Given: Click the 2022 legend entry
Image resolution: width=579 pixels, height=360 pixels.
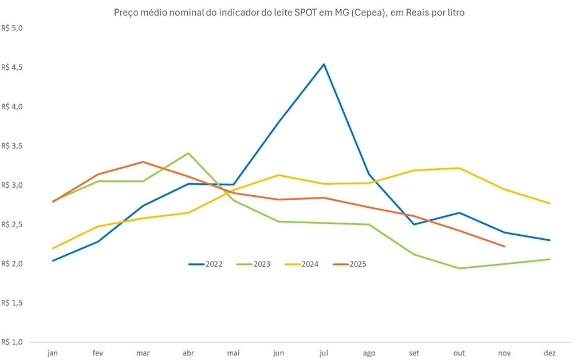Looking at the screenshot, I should point(206,264).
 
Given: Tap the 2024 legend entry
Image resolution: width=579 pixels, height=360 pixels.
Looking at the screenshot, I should point(302,264).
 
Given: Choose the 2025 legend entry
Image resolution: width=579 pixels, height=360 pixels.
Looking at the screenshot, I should point(350,264).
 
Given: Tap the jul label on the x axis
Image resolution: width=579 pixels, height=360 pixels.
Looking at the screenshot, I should point(324,353).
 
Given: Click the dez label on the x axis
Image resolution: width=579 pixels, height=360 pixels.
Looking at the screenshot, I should point(550,353).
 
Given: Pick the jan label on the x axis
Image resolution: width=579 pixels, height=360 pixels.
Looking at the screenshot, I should point(53,353).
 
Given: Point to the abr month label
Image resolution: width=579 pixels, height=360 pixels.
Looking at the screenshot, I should point(188,353).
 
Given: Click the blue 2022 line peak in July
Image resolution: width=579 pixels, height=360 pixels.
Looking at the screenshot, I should point(324,64).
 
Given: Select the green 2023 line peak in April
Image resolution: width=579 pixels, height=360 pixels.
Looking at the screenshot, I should point(188,153).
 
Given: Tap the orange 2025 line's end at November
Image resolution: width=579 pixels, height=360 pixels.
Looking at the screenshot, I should point(505,246).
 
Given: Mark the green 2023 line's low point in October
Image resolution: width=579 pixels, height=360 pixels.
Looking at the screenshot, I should point(459,268).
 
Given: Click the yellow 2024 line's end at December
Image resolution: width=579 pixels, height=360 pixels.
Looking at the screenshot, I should point(550,203).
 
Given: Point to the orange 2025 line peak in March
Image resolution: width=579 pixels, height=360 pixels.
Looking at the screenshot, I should point(143,162).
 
